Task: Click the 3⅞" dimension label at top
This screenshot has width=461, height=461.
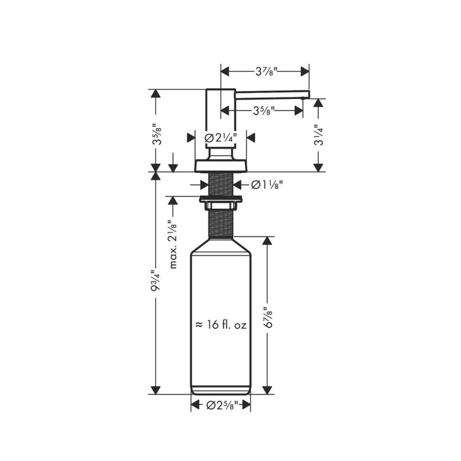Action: coord(266,71)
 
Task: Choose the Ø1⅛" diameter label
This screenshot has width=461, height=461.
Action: coord(267,184)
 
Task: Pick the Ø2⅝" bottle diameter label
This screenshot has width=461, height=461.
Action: coord(221,406)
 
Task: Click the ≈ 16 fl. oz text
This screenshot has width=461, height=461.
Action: coord(221,326)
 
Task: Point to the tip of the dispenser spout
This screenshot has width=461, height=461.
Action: coord(307,96)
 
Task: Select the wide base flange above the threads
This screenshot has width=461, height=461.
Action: coord(221,166)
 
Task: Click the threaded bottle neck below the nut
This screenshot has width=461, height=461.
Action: coord(221,225)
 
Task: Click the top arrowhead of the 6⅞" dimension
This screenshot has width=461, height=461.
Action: coord(266,241)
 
